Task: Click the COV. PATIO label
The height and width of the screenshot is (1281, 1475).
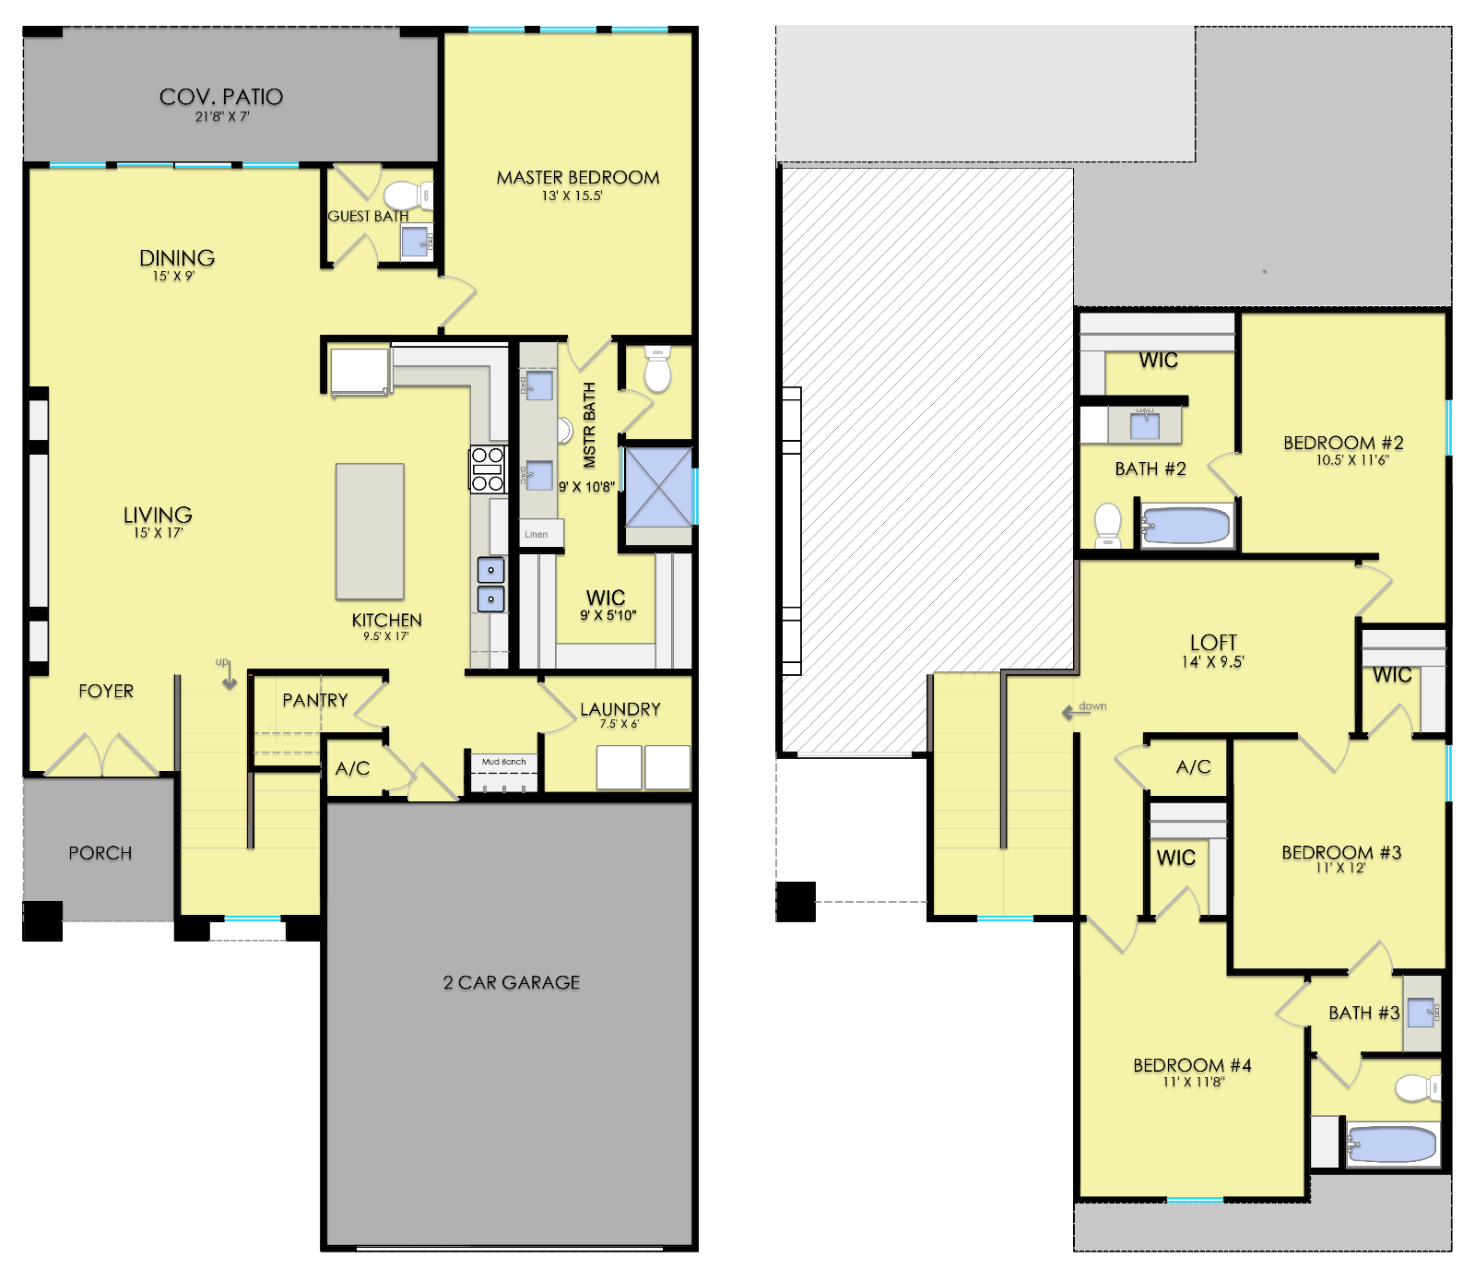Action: pyautogui.click(x=221, y=97)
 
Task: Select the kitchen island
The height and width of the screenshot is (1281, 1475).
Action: pyautogui.click(x=370, y=531)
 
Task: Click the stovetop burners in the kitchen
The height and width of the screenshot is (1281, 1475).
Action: pyautogui.click(x=488, y=469)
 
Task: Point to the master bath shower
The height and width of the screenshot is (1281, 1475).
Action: pyautogui.click(x=658, y=487)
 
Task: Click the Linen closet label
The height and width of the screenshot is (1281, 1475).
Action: pyautogui.click(x=537, y=534)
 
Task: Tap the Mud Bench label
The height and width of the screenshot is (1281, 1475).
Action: pyautogui.click(x=503, y=762)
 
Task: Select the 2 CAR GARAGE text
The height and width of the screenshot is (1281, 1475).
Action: pyautogui.click(x=512, y=982)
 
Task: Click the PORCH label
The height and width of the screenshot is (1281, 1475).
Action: pyautogui.click(x=100, y=853)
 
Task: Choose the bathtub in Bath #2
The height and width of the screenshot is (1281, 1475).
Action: pyautogui.click(x=1186, y=527)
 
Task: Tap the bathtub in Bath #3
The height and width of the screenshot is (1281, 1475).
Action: pyautogui.click(x=1393, y=1145)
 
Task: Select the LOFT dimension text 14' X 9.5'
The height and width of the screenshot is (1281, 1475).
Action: pyautogui.click(x=1213, y=661)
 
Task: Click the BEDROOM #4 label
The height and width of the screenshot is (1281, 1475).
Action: pyautogui.click(x=1192, y=1065)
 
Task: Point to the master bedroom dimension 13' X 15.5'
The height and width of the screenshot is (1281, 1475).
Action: pyautogui.click(x=572, y=196)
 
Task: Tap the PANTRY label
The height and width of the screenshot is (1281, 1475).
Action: pyautogui.click(x=315, y=700)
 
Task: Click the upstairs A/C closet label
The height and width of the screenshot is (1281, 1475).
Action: pyautogui.click(x=1194, y=766)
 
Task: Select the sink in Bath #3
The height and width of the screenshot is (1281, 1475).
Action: pyautogui.click(x=1422, y=1012)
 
